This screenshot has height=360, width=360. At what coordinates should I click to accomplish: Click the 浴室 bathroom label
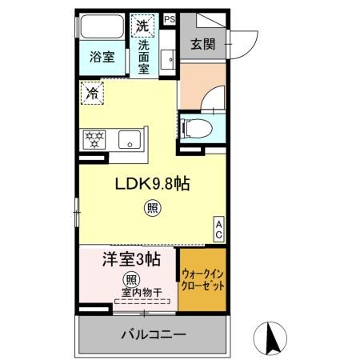[102, 58]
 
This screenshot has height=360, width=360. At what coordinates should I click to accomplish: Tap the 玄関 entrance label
[201, 44]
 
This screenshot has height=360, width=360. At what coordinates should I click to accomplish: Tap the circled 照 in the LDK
[151, 210]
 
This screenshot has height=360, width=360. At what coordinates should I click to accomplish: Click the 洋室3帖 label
[130, 260]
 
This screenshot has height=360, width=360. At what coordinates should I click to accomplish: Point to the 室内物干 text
[142, 292]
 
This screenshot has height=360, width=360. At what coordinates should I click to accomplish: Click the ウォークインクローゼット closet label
[202, 279]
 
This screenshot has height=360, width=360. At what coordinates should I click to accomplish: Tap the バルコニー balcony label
[154, 334]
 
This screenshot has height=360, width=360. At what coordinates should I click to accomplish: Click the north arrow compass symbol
[270, 337]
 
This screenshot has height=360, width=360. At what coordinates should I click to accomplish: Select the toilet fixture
[197, 126]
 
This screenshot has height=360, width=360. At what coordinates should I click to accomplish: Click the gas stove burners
[94, 139]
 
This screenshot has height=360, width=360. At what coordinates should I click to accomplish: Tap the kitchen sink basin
[130, 140]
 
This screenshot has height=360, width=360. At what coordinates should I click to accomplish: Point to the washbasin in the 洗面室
[168, 58]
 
